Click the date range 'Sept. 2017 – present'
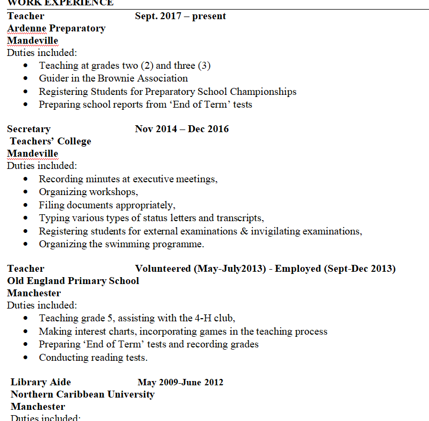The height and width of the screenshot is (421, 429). click(180, 16)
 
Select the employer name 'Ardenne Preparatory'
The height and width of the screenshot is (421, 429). click(56, 28)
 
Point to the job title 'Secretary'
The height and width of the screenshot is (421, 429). click(29, 129)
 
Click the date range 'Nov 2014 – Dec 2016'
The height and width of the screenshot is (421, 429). click(181, 129)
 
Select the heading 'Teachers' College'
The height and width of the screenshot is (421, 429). click(51, 141)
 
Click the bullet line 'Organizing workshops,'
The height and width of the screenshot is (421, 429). click(89, 192)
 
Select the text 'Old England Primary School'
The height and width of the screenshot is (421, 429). click(73, 281)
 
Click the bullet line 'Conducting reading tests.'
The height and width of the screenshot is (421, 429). click(93, 358)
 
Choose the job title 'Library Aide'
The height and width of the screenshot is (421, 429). click(41, 382)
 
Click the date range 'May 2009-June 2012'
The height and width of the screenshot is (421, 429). click(180, 382)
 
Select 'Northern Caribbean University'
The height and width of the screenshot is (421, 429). click(83, 394)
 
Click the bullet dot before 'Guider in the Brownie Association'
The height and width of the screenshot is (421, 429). click(27, 79)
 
